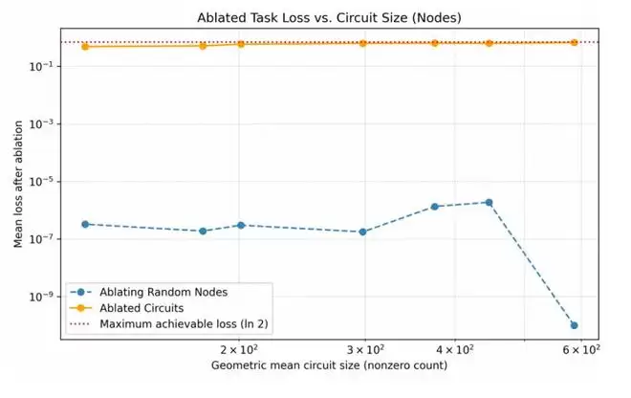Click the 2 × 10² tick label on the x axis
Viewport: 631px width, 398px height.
pos(239,348)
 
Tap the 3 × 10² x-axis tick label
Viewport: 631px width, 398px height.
pos(363,348)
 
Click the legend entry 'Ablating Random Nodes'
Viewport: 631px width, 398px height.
pos(163,291)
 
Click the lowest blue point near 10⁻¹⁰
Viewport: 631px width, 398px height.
pos(574,325)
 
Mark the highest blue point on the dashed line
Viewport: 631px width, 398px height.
pos(489,202)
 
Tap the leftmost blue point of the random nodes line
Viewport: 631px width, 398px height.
pos(85,224)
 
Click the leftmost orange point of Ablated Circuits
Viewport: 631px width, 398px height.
pos(85,46)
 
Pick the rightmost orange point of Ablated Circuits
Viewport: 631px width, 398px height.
pos(574,42)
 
